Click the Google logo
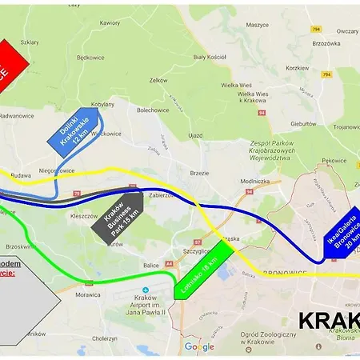coord(199,346)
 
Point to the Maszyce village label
coord(257,25)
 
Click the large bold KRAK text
coord(328,321)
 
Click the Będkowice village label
coord(91,58)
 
